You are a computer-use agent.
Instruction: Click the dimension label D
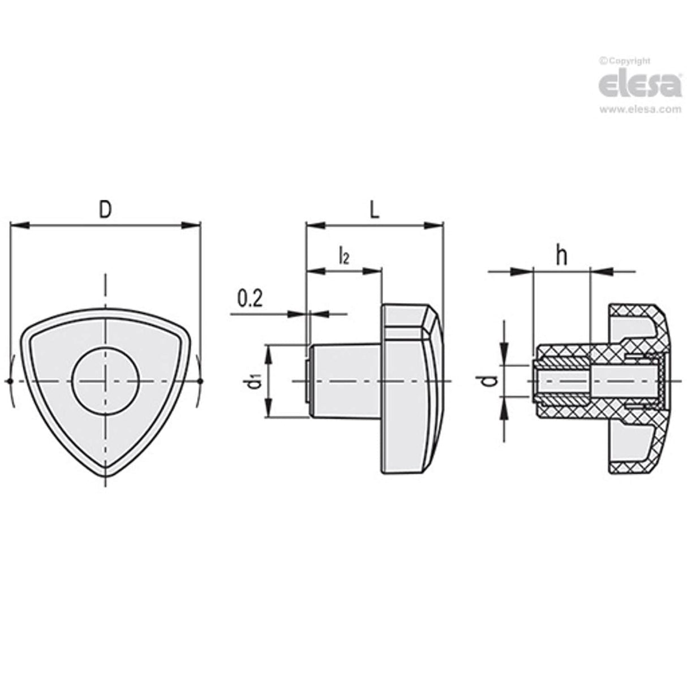coord(105,209)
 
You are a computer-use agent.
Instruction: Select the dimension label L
coord(374,210)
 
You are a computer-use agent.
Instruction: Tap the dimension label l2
coord(343,256)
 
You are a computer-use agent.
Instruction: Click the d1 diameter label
coord(255,383)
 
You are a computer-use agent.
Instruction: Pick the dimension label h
coord(560,256)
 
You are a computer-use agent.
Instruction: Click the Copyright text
coord(625,61)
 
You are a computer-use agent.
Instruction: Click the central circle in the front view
coord(105,381)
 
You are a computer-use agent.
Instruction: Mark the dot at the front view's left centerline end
coord(10,381)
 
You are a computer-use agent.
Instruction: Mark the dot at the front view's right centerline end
coord(200,381)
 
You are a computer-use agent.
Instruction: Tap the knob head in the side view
coord(410,381)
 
